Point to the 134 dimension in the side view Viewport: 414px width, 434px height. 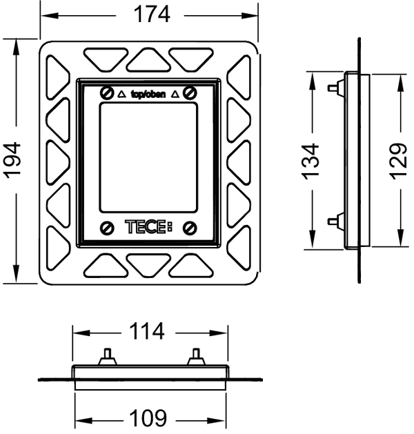point(310,161)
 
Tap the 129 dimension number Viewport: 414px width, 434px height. point(399,161)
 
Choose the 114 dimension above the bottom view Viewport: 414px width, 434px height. point(147,331)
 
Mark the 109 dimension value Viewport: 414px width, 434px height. point(148,417)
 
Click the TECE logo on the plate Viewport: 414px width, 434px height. point(149,227)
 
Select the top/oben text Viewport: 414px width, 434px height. point(148,95)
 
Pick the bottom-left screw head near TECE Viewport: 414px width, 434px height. point(106,228)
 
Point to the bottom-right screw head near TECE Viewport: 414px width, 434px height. point(190,228)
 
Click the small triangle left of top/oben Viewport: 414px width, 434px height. point(121,95)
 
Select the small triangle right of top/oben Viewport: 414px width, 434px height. point(175,95)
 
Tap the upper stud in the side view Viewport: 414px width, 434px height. point(336,88)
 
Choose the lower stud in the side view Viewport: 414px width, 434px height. point(336,221)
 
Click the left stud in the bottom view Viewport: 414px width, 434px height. point(108,357)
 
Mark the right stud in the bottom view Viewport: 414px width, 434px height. point(196,357)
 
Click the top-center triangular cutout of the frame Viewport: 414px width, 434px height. point(148,59)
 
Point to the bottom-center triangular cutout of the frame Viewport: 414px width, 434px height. point(148,265)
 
